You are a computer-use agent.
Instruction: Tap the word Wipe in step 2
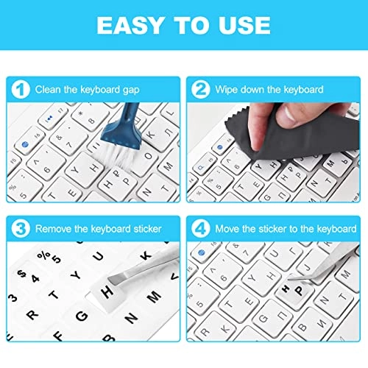click(x=228, y=90)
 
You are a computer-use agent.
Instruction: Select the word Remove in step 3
click(x=56, y=228)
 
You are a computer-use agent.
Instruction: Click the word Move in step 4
click(x=229, y=228)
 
